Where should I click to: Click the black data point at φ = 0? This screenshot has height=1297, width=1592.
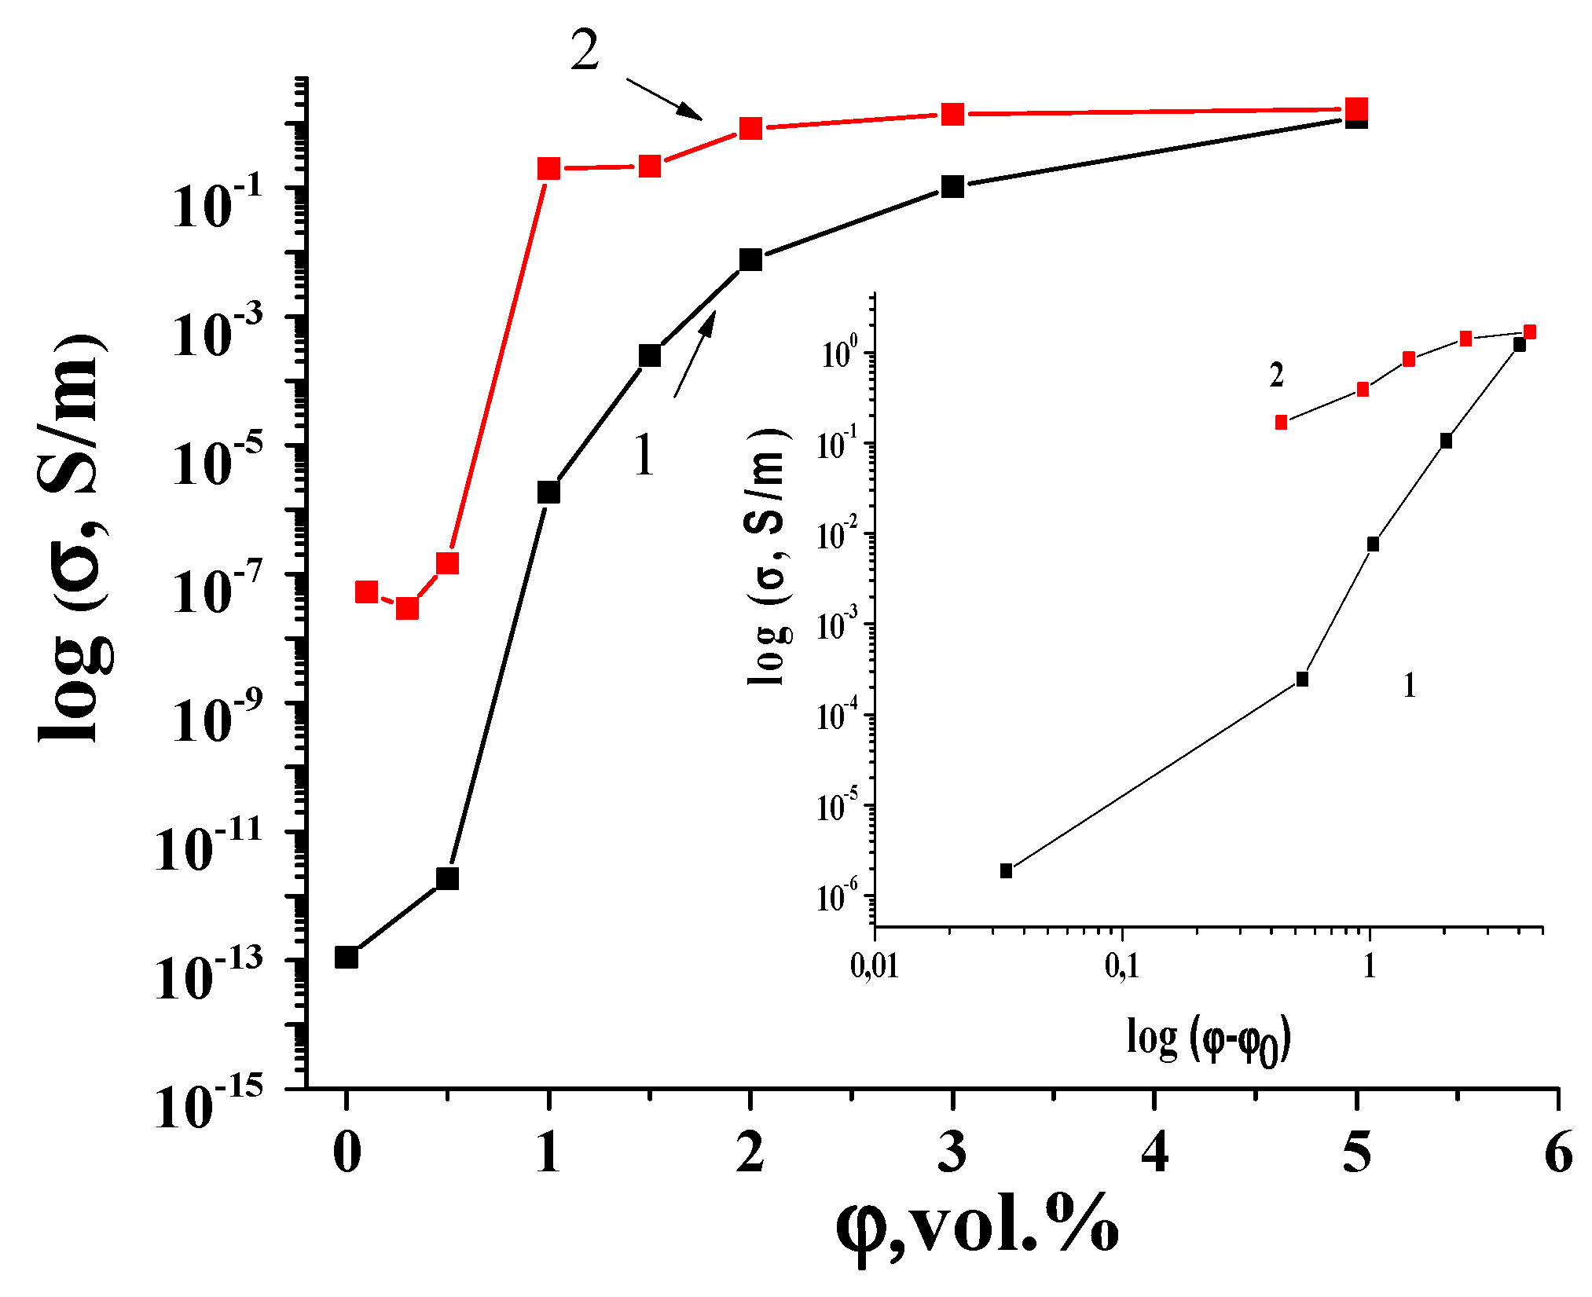coord(347,957)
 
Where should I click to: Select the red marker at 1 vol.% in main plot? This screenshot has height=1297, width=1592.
coord(548,168)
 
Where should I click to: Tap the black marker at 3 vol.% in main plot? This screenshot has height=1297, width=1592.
coord(952,186)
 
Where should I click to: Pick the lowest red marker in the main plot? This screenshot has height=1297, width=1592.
coord(407,608)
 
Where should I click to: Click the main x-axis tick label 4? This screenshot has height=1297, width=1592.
coord(1154,1152)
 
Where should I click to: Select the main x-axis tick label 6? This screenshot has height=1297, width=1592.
coord(1558,1152)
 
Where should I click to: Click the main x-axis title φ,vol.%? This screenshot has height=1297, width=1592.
coord(977,1227)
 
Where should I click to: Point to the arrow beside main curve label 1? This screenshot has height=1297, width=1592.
coord(695,354)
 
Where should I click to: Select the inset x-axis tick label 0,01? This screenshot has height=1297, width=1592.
coord(874,965)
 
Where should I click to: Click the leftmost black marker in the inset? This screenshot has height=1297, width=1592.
coord(1006,870)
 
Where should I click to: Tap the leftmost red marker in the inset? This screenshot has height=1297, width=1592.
coord(1281,423)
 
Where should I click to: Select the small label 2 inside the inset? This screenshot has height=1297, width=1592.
coord(1276,376)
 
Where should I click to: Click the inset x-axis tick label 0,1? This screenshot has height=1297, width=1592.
coord(1122,965)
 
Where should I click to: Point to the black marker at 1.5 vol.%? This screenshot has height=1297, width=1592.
coord(649,355)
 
